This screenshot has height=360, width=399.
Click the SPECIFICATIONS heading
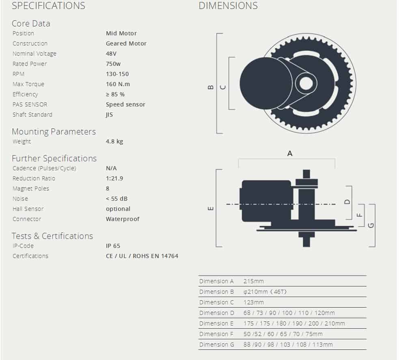[48, 6]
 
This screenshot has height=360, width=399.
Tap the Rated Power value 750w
[113, 64]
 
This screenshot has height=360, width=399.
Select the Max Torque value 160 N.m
[118, 84]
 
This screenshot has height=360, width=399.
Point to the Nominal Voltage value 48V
[111, 54]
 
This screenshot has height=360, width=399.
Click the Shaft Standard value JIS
[110, 115]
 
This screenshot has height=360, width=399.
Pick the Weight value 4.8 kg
[114, 141]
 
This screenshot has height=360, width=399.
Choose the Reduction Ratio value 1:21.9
[114, 178]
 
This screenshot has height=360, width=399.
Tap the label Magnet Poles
[31, 189]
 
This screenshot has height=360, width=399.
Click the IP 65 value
[113, 246]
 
